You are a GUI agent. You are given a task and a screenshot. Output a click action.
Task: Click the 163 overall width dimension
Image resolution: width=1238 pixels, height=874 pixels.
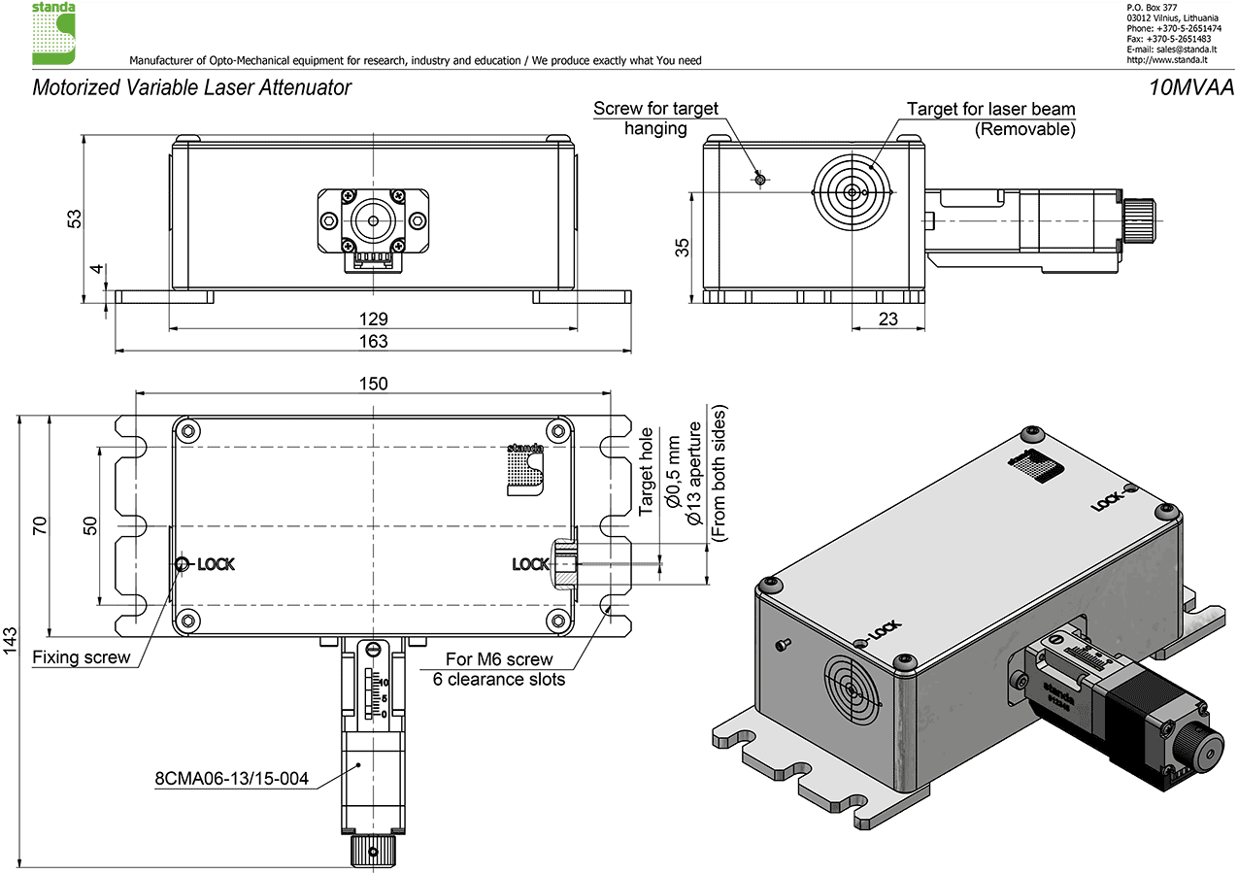coord(373,341)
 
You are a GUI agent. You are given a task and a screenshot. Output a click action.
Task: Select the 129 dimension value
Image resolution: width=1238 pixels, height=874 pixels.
coord(373,319)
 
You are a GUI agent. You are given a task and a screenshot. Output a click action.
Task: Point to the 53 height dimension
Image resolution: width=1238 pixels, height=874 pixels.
coord(74,218)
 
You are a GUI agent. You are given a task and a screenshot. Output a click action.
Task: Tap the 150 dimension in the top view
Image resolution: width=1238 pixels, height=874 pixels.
coord(373,383)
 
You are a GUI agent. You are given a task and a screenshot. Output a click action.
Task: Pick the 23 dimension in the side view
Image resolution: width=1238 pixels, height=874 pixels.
coord(887,319)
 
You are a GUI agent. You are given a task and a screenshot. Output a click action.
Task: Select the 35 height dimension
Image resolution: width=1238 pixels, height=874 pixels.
coord(684,248)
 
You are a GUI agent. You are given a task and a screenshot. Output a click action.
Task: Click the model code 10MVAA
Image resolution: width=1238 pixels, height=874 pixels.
coord(1190,87)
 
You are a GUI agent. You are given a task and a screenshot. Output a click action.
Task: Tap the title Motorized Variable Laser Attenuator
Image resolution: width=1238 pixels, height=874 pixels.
coord(191,87)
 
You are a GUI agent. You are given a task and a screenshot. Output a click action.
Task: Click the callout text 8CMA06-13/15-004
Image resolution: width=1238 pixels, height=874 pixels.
coord(231,778)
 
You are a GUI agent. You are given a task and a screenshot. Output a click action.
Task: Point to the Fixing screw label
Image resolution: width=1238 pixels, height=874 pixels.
coord(82,657)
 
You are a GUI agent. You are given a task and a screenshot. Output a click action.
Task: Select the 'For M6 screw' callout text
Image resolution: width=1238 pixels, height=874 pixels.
coord(499,659)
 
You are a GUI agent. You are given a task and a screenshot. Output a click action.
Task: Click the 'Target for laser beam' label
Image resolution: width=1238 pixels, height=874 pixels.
coord(990,109)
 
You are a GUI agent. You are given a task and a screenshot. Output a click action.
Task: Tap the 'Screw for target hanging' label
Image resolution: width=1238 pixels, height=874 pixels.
coord(655,118)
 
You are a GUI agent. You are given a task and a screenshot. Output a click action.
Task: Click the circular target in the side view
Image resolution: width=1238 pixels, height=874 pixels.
coord(852,192)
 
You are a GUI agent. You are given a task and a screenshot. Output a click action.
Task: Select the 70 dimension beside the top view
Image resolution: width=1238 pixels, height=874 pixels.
coord(40,525)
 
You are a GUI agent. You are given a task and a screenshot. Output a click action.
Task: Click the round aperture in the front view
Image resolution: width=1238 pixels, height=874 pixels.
coord(372,221)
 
